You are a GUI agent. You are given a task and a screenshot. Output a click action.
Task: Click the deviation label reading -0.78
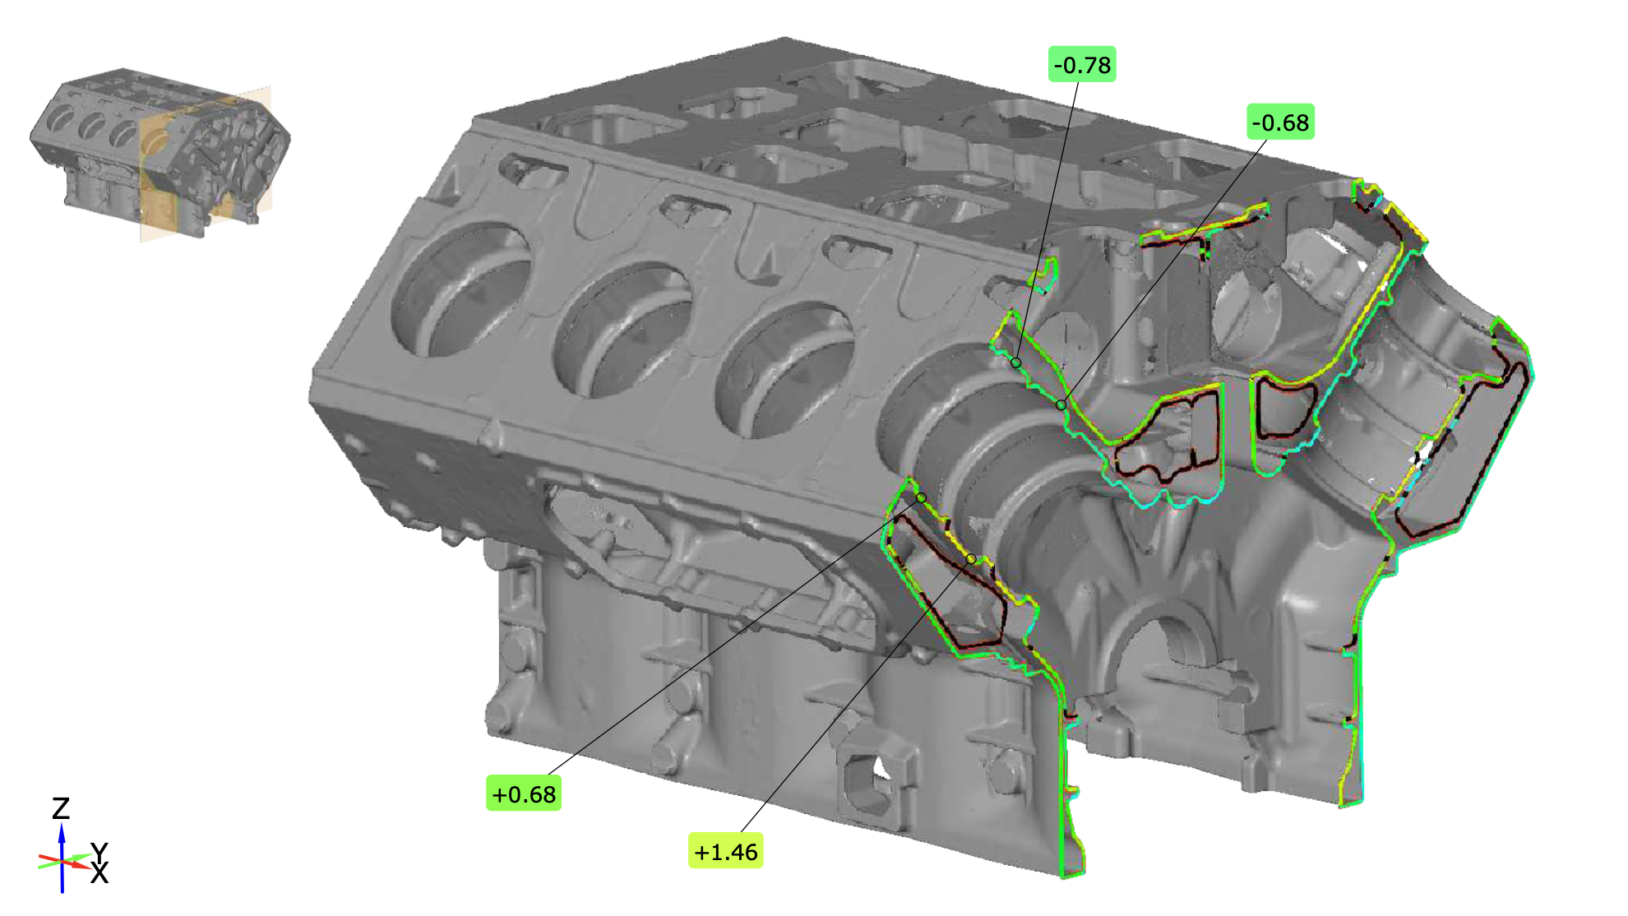pos(1082,65)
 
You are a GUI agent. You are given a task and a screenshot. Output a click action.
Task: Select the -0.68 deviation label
pos(1280,123)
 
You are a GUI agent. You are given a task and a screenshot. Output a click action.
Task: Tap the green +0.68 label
pos(524,793)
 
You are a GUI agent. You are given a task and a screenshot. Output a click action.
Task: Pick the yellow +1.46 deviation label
pos(725,851)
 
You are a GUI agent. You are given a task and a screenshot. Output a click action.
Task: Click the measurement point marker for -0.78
pos(1016,363)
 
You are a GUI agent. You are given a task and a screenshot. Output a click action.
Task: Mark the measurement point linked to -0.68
pos(1061,405)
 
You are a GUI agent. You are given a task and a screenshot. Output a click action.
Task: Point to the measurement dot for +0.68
pos(922,498)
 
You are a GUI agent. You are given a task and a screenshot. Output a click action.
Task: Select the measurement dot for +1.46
pos(971,559)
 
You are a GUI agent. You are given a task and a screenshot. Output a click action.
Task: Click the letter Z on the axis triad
pos(61,808)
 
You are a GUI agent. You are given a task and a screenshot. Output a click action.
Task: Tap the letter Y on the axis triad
pos(99,852)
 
